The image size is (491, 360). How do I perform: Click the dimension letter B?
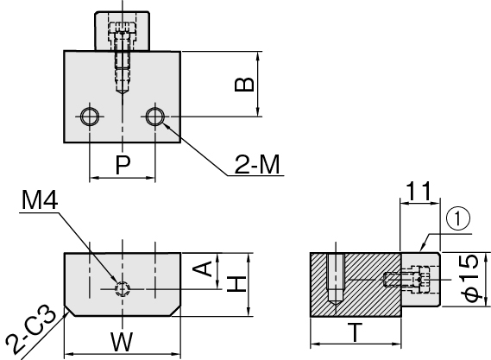[x=244, y=84]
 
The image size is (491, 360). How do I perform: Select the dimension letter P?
[x=123, y=165]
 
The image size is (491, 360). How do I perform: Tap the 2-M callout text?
[x=257, y=165]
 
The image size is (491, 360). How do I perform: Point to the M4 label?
[x=40, y=200]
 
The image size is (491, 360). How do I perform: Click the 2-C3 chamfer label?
[x=30, y=332]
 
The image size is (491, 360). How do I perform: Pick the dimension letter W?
[x=122, y=342]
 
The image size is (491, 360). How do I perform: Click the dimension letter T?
[x=356, y=332]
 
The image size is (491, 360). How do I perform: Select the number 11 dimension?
[x=419, y=191]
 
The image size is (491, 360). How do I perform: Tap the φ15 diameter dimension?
[x=470, y=278]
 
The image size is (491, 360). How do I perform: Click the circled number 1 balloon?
[x=458, y=219]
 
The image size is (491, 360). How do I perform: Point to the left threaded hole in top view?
[x=90, y=117]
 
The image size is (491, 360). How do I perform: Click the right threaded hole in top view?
[x=155, y=117]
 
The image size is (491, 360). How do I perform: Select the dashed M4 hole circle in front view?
[x=123, y=289]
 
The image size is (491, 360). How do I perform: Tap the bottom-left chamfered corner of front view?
[x=69, y=311]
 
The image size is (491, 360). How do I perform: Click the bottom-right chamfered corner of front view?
[x=176, y=311]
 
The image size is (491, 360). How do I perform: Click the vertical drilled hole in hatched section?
[x=336, y=280]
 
